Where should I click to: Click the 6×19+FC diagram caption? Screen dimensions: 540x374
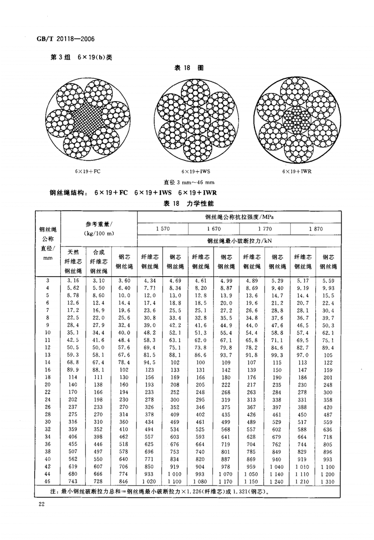[88, 171]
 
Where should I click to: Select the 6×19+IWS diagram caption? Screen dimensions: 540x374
[195, 171]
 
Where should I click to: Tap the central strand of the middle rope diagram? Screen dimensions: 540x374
[195, 118]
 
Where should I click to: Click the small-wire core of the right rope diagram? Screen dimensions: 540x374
[296, 118]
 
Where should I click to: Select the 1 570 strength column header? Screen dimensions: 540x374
[163, 230]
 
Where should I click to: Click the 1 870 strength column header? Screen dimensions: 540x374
[316, 230]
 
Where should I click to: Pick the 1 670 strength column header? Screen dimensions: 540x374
[214, 230]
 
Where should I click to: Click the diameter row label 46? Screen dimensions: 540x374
[48, 481]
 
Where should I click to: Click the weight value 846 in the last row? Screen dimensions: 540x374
[124, 481]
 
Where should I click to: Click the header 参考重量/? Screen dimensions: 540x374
[99, 224]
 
